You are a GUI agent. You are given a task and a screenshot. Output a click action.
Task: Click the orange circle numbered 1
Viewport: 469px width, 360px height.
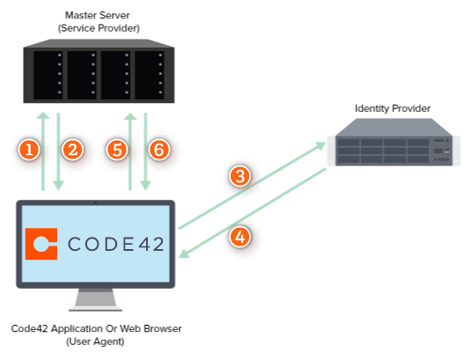click(x=31, y=151)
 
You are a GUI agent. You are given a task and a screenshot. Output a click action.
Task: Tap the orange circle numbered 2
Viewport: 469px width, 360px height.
click(x=72, y=151)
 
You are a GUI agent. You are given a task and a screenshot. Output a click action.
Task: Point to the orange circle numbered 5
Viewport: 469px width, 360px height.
click(x=117, y=151)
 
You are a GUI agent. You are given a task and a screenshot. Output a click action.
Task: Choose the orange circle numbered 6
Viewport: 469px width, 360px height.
click(x=158, y=151)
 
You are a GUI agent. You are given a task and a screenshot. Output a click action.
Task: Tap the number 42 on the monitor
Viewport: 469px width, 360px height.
click(x=151, y=245)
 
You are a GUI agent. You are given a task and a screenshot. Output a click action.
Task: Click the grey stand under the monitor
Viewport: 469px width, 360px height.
click(x=95, y=300)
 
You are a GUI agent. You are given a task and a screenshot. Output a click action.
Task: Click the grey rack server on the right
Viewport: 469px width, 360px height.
click(x=392, y=143)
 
